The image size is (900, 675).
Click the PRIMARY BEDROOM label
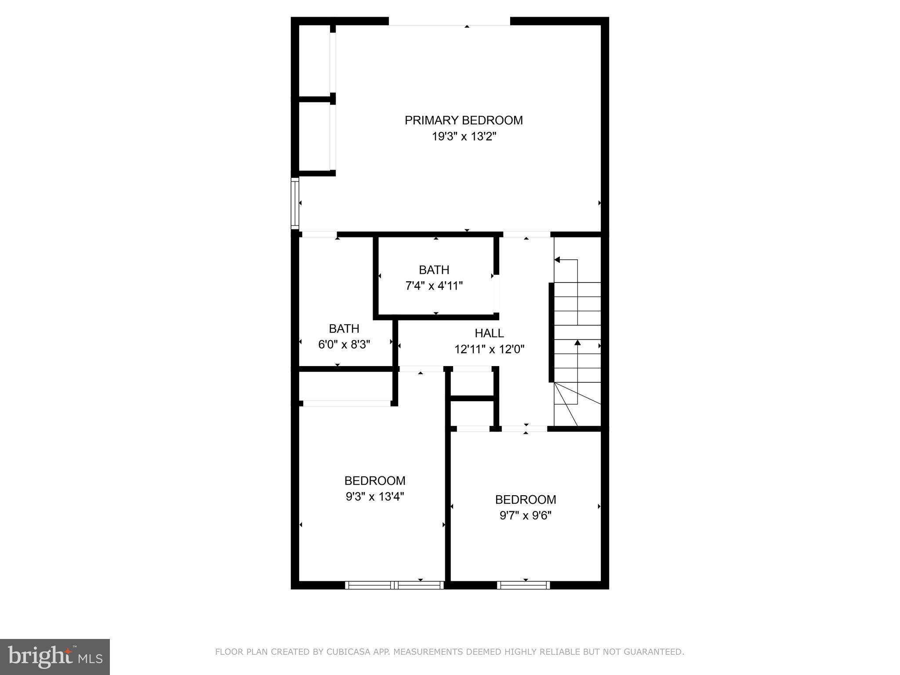pos(464,120)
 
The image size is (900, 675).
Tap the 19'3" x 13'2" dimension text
pos(464,137)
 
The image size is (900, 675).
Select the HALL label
pos(489,333)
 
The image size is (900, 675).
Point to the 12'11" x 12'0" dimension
pos(489,349)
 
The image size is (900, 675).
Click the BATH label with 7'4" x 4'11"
pos(434,270)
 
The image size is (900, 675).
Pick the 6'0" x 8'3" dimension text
pos(344,345)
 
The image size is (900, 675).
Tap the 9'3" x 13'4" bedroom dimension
pos(375,497)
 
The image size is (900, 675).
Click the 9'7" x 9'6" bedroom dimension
pos(525,515)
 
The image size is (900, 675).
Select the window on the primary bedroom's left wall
pos(295,203)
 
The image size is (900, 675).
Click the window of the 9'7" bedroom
pos(523,585)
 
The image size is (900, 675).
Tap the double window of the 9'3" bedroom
pos(394,585)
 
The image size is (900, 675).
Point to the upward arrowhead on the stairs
pos(577,342)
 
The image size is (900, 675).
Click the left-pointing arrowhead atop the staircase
pos(557,260)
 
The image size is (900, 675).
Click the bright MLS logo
pos(54,657)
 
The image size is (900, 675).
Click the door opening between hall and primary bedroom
pos(526,235)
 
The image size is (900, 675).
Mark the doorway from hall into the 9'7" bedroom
pos(524,428)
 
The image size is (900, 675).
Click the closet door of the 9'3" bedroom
pos(347,403)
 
